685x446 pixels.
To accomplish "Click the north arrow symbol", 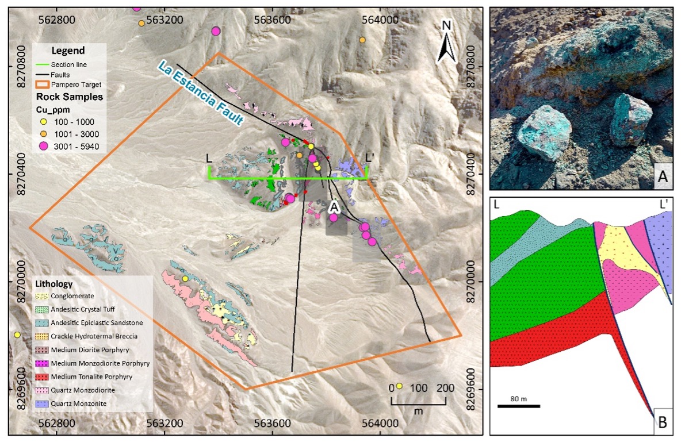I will tap(446, 42).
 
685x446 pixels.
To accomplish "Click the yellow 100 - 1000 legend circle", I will tap(43, 122).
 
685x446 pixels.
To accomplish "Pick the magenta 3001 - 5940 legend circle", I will tap(43, 146).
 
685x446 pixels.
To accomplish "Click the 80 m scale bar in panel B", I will tap(518, 406).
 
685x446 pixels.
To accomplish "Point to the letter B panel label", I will tap(663, 424).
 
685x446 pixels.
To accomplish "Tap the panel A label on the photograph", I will tap(663, 179).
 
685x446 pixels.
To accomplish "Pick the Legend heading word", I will tap(68, 51).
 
